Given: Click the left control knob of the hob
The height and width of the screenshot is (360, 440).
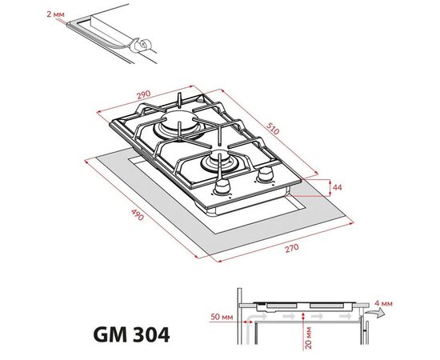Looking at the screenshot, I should [219, 190].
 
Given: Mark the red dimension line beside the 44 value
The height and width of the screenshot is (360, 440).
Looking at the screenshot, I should [328, 186].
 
